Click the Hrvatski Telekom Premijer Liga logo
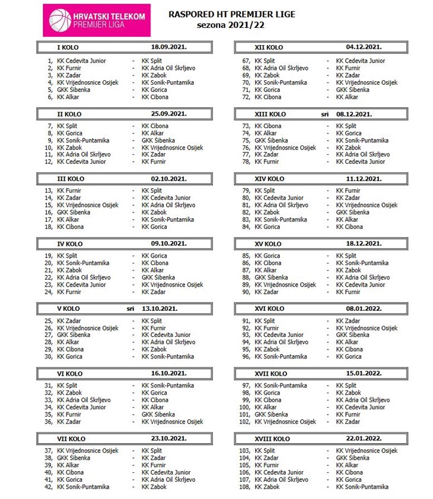click(97, 21)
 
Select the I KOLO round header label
click(68, 47)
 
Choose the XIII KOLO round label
click(269, 114)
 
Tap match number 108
click(244, 487)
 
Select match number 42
click(49, 487)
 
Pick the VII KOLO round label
click(72, 439)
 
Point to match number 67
click(246, 61)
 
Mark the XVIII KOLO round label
click(272, 439)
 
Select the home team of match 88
click(272, 277)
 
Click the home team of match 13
click(69, 190)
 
